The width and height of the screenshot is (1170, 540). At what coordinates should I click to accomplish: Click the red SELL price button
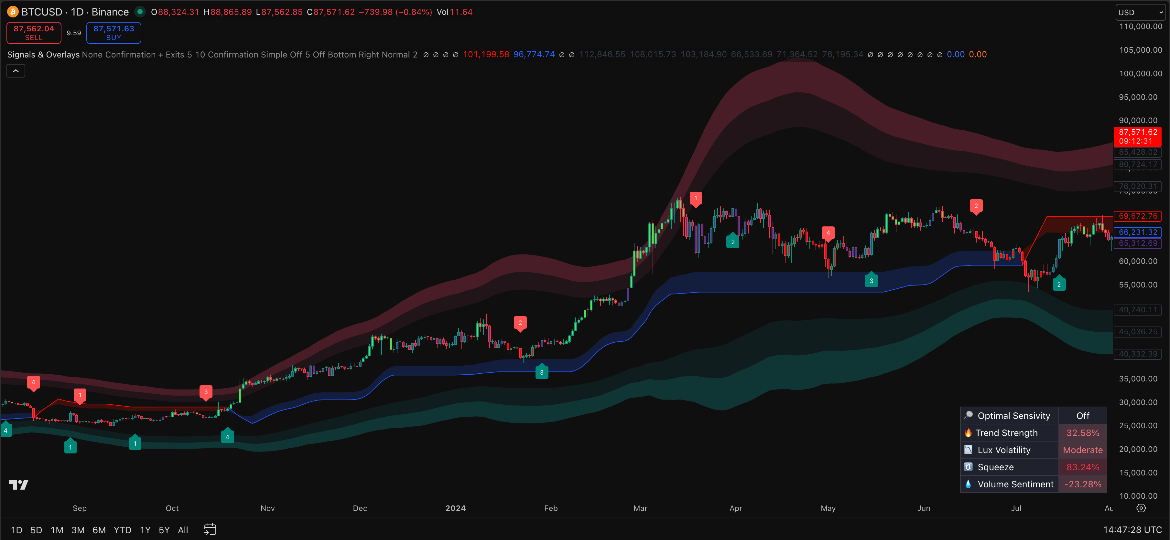pos(34,33)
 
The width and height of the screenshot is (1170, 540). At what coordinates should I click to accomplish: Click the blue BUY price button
pos(114,33)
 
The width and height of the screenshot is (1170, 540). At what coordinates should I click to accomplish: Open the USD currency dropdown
pos(1140,12)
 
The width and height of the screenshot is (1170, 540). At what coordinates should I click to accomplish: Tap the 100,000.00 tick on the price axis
pos(1140,74)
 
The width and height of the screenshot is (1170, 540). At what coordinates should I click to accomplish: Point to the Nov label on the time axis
pos(267,508)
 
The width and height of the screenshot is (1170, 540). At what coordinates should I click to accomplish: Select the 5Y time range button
pos(164,530)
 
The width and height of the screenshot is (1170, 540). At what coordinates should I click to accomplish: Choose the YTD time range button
pos(122,530)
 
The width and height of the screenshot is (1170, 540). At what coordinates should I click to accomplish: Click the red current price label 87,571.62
pos(1137,136)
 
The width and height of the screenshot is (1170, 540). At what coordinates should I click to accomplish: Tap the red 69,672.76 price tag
pos(1137,216)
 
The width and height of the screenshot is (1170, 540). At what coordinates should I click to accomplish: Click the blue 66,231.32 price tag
pos(1137,232)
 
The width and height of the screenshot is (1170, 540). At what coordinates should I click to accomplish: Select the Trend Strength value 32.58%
pos(1082,433)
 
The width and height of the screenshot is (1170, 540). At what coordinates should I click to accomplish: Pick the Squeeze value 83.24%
pos(1082,467)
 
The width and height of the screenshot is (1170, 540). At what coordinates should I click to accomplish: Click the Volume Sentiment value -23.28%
pos(1082,484)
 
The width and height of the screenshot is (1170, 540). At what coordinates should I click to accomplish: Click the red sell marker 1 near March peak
pos(695,198)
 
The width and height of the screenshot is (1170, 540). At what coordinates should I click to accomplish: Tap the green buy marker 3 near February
pos(541,372)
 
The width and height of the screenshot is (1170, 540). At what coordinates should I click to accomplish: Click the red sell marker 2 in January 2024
pos(520,323)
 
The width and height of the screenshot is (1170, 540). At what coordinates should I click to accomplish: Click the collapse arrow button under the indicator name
pos(16,71)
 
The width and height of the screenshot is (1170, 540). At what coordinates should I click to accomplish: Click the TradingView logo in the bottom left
pos(19,485)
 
